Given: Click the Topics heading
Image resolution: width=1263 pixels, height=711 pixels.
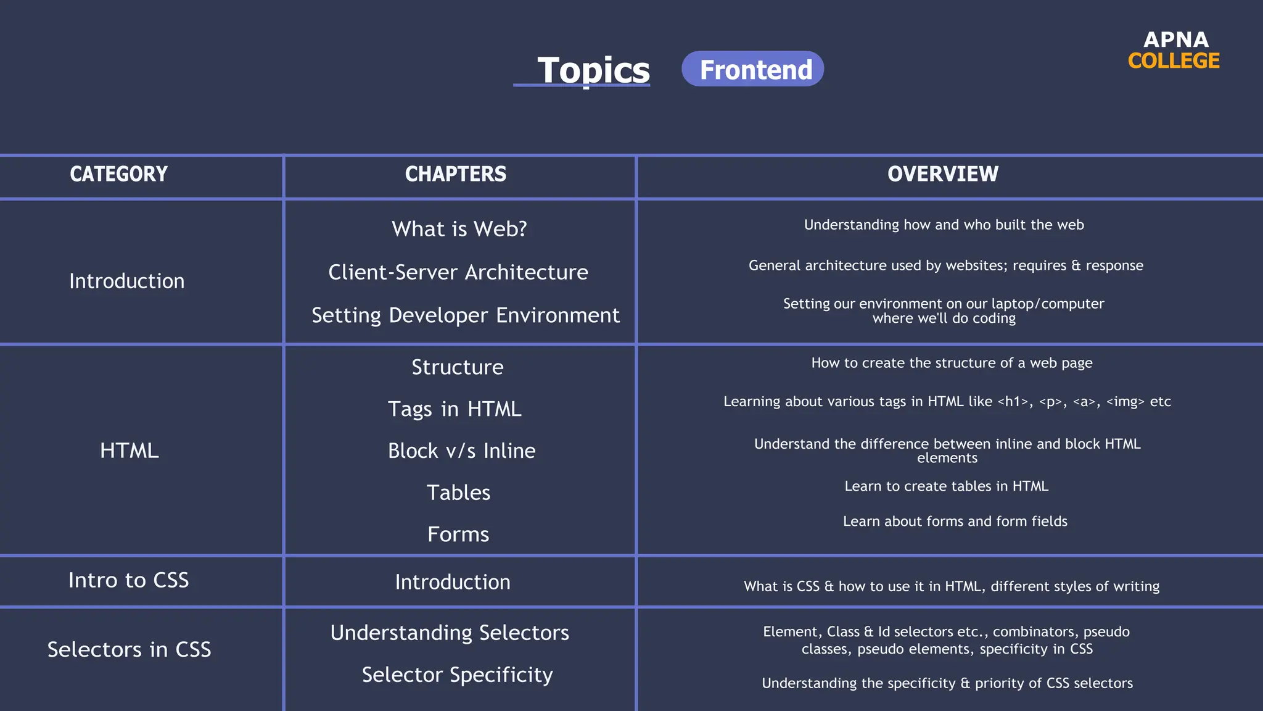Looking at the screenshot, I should click(593, 70).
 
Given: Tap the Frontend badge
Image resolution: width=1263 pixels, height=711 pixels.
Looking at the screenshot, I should click(752, 69).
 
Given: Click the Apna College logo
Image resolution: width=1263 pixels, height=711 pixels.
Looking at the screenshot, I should click(1174, 50).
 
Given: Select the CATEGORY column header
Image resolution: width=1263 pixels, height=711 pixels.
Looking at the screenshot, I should click(118, 174).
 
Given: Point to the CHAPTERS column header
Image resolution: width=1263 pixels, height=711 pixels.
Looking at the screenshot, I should click(456, 174).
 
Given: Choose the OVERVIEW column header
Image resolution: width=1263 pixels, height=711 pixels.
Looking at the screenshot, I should click(942, 174).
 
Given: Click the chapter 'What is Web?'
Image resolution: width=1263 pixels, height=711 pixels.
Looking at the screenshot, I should click(459, 229).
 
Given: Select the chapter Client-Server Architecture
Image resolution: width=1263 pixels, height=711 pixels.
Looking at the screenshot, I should click(458, 272).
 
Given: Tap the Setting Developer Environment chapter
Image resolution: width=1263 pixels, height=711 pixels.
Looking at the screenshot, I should click(466, 315).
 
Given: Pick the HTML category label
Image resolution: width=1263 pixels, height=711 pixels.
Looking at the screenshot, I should click(130, 451).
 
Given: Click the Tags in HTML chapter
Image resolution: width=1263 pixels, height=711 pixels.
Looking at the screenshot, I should click(455, 409).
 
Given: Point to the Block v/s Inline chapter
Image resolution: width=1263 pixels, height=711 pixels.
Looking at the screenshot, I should click(462, 451).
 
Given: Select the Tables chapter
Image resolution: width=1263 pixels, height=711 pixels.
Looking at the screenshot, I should click(458, 493).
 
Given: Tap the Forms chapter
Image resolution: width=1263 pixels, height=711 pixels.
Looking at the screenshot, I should click(458, 534).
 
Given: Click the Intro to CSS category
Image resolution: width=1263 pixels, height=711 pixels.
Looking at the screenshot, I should click(128, 580).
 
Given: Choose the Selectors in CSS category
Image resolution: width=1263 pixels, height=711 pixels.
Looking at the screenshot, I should click(130, 649).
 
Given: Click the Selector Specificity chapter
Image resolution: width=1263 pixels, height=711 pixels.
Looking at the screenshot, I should click(457, 675).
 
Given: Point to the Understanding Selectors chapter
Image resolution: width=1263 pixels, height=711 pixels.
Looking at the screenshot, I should click(450, 633).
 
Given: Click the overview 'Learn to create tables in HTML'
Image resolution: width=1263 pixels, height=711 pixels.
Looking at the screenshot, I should click(946, 486).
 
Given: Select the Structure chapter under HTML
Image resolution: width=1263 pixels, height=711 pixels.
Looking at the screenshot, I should click(458, 367).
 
